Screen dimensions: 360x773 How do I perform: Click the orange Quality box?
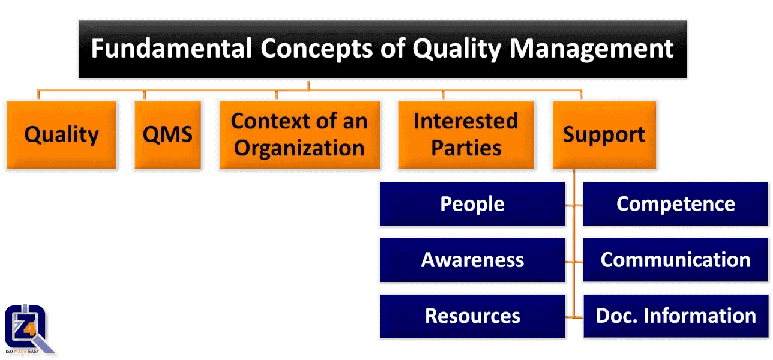pyautogui.click(x=61, y=135)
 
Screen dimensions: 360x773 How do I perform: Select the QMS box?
pyautogui.click(x=167, y=135)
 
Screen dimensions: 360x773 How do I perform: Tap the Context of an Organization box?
pyautogui.click(x=299, y=135)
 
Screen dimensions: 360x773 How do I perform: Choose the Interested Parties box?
pyautogui.click(x=466, y=135)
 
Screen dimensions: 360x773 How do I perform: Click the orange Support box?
pyautogui.click(x=604, y=135)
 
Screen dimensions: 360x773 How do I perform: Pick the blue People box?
pyautogui.click(x=472, y=204)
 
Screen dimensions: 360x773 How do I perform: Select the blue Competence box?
pyautogui.click(x=675, y=204)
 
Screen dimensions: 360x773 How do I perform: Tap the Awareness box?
pyautogui.click(x=472, y=260)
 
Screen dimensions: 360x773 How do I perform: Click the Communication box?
pyautogui.click(x=675, y=260)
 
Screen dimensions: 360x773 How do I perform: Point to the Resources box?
pyautogui.click(x=472, y=316)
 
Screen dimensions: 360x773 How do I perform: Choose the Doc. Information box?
pyautogui.click(x=675, y=316)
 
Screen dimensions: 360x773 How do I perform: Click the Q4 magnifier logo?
pyautogui.click(x=27, y=327)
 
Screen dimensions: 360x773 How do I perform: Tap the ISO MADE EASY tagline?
pyautogui.click(x=22, y=351)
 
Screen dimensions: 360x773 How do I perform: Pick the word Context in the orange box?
pyautogui.click(x=267, y=121)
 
